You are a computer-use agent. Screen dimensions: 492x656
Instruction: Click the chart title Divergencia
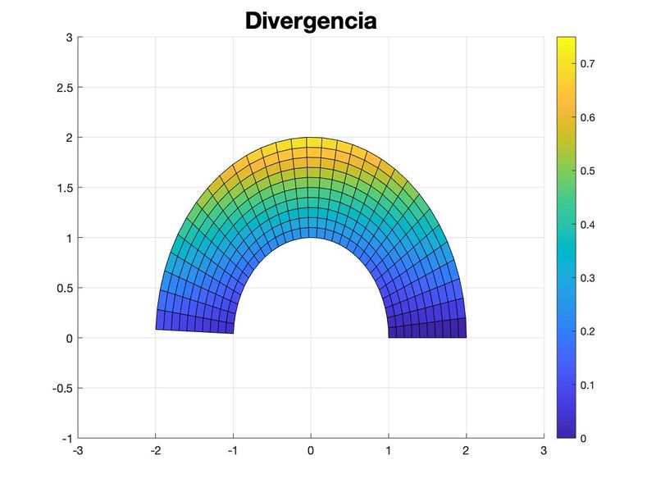311,20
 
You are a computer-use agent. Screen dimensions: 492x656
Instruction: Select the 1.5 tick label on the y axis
63,188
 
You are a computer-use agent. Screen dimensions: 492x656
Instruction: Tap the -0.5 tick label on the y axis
61,388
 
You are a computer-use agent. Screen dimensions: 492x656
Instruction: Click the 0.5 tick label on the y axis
63,288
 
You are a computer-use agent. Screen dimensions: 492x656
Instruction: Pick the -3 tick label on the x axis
78,450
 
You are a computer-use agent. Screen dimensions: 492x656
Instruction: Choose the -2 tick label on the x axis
156,450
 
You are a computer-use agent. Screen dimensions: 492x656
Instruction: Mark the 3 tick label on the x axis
543,450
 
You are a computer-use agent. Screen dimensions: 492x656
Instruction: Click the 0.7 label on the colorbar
589,63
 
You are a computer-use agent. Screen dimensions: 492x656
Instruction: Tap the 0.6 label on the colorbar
589,117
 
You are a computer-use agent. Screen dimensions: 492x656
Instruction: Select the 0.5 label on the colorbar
589,171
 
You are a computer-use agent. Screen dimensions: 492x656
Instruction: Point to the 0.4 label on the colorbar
589,224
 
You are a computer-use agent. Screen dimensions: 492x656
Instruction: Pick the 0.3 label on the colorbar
589,278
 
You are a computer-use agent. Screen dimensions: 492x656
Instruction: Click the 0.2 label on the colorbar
589,331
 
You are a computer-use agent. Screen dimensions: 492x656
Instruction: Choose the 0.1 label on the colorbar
589,385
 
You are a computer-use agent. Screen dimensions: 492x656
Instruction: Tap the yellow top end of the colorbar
566,41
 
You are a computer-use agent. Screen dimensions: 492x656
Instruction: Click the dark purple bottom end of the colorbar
566,434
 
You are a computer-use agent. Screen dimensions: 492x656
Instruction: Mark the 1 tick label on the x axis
388,450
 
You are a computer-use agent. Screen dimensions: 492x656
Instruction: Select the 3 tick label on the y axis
69,37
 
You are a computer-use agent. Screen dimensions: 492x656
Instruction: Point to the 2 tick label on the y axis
69,137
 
